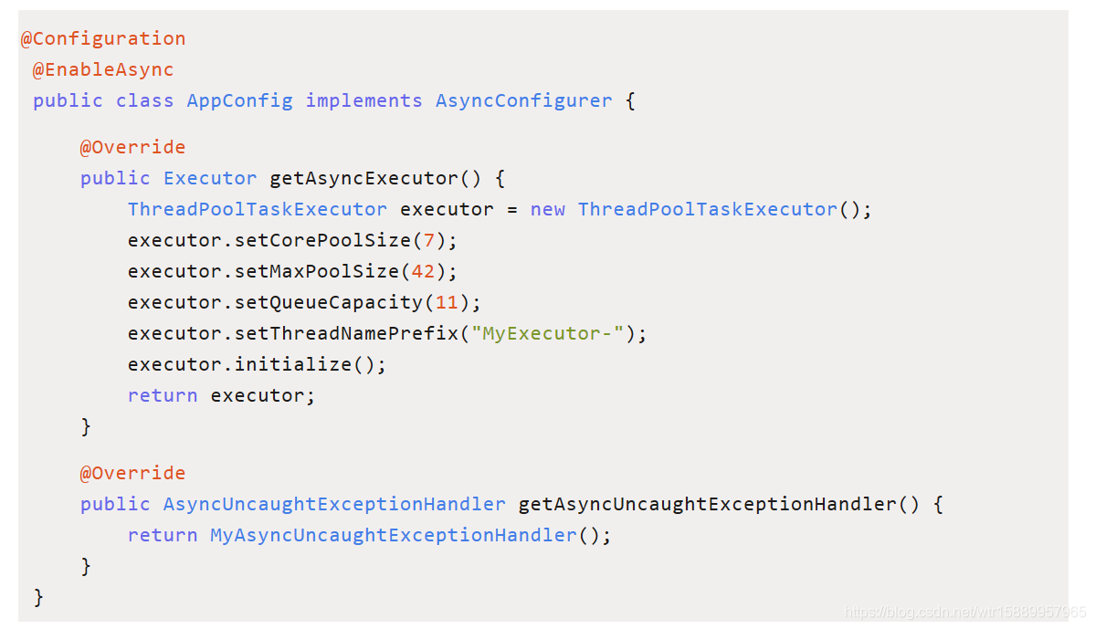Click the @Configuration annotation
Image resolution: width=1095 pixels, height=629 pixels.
[103, 38]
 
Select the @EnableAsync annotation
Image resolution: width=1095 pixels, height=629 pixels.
[103, 69]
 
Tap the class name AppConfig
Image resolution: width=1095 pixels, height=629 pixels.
[239, 100]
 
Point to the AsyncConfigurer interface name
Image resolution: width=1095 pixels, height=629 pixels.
[523, 100]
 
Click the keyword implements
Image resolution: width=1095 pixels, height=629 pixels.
[363, 100]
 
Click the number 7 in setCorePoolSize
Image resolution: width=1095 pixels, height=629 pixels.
[429, 240]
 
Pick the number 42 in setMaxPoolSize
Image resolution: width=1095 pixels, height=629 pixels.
[423, 271]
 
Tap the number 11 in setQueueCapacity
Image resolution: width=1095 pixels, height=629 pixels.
[447, 302]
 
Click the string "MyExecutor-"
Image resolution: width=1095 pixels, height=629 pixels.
[547, 333]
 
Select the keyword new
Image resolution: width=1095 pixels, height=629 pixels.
[547, 209]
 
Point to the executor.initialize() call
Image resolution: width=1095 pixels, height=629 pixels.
[257, 364]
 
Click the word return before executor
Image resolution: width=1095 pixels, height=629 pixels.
[163, 395]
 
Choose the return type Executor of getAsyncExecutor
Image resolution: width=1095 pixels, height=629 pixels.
[210, 178]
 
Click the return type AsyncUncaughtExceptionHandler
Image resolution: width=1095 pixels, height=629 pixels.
[334, 504]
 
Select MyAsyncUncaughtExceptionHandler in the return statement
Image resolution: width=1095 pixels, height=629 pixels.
[394, 535]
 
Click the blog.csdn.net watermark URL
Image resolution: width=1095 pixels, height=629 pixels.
[965, 612]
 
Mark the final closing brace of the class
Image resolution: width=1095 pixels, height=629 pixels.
[38, 597]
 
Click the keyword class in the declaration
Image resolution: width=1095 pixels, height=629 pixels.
[144, 100]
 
